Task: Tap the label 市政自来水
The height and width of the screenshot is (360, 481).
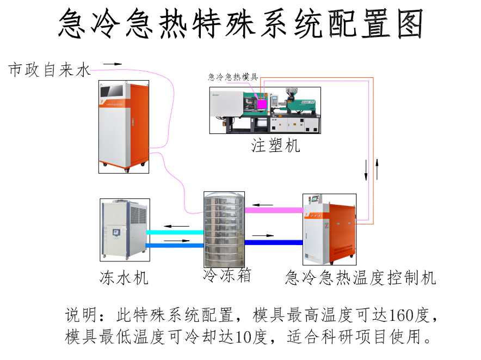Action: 50,70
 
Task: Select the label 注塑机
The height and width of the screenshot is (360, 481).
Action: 275,146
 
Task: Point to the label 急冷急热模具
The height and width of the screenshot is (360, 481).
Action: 233,77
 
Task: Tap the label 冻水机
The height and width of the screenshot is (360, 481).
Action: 124,277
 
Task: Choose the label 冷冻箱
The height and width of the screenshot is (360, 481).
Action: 227,275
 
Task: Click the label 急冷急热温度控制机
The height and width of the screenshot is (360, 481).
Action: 361,278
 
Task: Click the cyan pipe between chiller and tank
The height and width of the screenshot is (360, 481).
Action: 175,233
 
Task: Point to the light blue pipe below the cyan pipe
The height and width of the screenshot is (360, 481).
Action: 175,245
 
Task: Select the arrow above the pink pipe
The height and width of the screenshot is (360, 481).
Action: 265,205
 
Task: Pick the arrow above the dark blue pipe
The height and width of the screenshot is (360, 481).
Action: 264,236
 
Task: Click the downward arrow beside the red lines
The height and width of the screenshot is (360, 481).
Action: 366,169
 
